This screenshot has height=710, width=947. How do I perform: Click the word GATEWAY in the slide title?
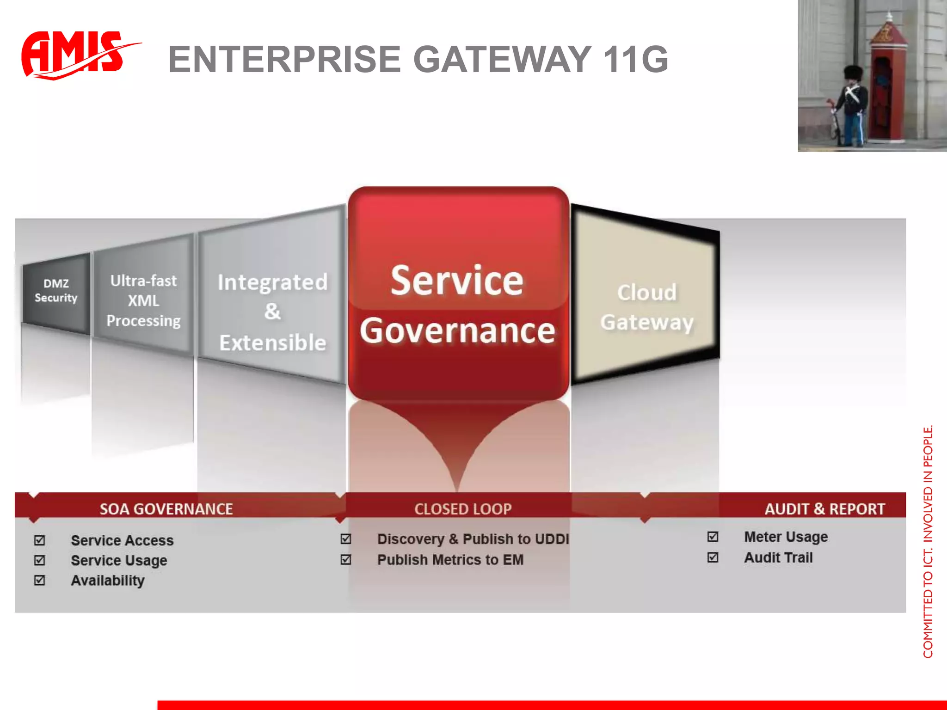click(502, 59)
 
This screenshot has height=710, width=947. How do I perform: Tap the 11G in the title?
click(635, 59)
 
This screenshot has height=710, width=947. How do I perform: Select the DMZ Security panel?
click(56, 291)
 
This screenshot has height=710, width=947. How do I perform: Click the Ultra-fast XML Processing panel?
click(143, 300)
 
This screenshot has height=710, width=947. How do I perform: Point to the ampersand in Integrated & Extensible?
click(272, 312)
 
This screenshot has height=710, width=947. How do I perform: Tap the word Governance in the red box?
click(457, 331)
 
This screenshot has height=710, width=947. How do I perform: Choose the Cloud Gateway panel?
click(646, 307)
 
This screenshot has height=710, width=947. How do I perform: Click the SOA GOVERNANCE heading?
click(166, 509)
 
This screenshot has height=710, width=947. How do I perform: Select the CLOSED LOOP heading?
click(463, 509)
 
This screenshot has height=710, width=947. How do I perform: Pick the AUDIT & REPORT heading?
click(824, 509)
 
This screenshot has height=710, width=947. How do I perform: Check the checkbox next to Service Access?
click(40, 540)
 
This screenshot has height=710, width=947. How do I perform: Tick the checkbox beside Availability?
click(40, 580)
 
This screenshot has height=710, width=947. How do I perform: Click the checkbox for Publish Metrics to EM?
click(346, 560)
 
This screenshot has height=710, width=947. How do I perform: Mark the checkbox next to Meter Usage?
click(713, 537)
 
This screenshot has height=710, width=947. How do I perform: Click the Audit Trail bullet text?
click(778, 557)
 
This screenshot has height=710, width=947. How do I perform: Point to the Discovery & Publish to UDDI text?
click(473, 539)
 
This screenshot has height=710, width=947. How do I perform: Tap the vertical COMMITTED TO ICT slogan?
click(928, 541)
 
